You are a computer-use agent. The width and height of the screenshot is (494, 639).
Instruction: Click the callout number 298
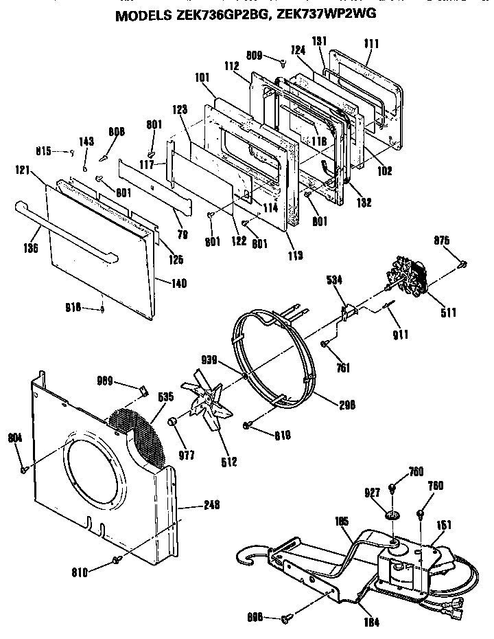(346, 404)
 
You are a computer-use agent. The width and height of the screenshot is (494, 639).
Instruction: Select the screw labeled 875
(464, 263)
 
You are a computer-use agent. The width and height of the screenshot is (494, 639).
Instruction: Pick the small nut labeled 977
(174, 421)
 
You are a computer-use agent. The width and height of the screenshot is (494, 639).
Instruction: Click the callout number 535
(166, 397)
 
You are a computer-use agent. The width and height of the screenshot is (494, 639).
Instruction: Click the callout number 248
(212, 505)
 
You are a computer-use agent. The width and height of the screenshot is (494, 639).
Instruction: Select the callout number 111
(371, 43)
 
